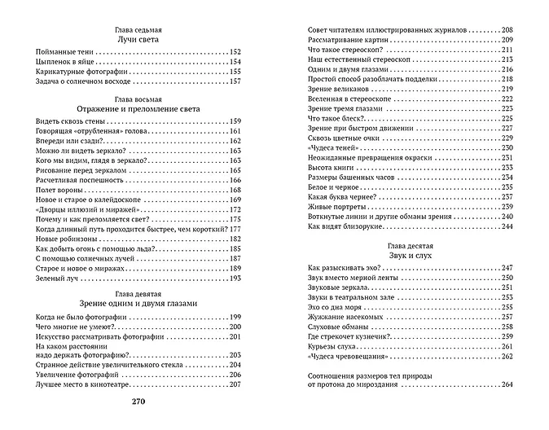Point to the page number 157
[236, 82]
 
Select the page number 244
[507, 226]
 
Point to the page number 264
[507, 384]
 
